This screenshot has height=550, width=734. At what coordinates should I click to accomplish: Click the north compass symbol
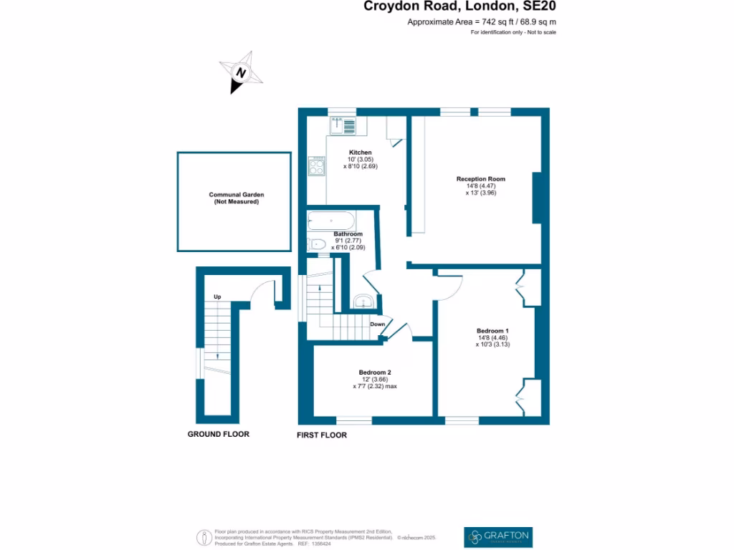[x=242, y=72]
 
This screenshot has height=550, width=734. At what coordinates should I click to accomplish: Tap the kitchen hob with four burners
[x=316, y=166]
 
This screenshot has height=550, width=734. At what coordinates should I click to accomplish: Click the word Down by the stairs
[x=378, y=324]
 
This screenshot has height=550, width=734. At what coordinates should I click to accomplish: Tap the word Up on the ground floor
[x=216, y=296]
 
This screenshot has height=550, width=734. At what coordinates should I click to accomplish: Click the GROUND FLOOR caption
[x=218, y=434]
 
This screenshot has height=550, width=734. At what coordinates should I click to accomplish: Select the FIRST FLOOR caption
[x=322, y=435]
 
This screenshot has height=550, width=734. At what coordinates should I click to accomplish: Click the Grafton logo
[x=498, y=536]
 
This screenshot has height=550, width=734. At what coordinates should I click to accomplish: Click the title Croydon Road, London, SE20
[x=459, y=7]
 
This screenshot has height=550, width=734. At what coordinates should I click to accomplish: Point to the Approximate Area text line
[x=482, y=22]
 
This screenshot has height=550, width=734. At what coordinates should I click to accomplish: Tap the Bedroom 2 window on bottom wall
[x=354, y=420]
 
